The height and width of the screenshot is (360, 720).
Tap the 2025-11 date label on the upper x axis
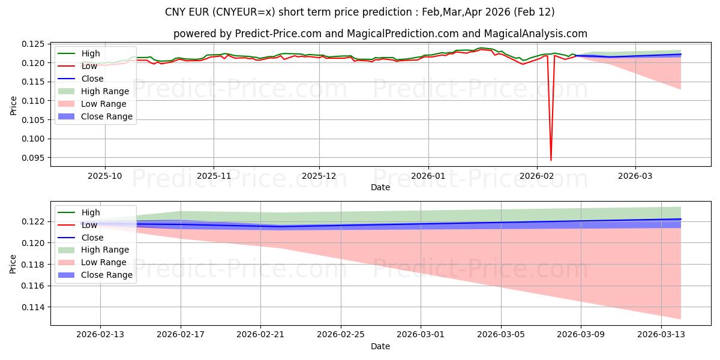(x=214, y=176)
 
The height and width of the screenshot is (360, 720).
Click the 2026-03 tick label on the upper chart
(x=635, y=176)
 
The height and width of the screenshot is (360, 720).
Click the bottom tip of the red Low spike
(x=551, y=160)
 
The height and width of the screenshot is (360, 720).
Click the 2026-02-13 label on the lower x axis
(x=101, y=335)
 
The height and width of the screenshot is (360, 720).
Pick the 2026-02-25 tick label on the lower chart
(x=341, y=335)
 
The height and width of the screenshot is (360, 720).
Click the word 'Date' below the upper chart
(x=380, y=187)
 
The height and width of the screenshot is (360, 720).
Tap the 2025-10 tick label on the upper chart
(x=105, y=176)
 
